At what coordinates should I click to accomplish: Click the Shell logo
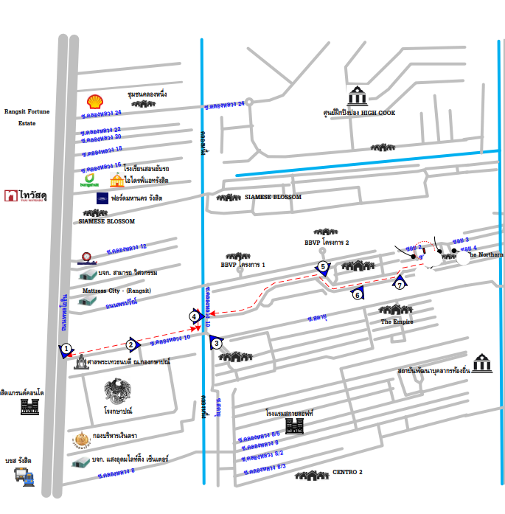pos(95,102)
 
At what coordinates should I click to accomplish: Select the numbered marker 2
pos(131,344)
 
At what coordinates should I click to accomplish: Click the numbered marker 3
pos(216,343)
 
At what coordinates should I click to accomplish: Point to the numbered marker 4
pos(195,316)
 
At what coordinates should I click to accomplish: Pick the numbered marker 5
pos(322,267)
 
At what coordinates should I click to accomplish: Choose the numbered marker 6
pos(358,294)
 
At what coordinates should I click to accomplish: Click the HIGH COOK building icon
pos(358,96)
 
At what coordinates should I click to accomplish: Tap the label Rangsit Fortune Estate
pos(27,117)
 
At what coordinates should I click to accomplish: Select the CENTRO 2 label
pos(347,472)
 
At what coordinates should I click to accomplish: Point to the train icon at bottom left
pos(24,476)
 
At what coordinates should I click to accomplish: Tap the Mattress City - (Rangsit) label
pos(116,291)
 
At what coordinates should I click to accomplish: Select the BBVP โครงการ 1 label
pos(243,264)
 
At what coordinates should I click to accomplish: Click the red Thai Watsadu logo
pos(12,195)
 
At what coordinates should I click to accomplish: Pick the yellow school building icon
pos(116,180)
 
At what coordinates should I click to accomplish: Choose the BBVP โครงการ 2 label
pos(326,243)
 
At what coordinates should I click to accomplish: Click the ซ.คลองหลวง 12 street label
pos(127,247)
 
